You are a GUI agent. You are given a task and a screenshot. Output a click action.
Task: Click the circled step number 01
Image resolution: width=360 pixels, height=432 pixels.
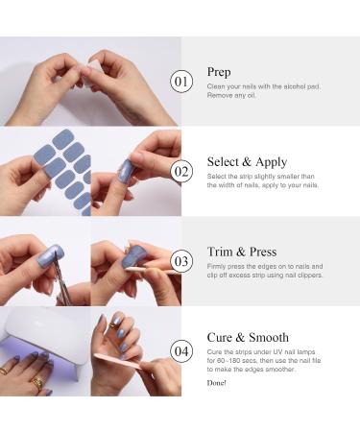click(x=181, y=81)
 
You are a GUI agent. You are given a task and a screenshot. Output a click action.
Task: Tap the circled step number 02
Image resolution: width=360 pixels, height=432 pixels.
click(x=181, y=172)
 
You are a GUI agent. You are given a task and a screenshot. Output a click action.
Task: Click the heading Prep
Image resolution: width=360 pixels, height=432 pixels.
click(x=218, y=72)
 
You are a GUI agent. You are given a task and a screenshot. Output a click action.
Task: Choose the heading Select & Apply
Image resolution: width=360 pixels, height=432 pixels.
click(x=246, y=162)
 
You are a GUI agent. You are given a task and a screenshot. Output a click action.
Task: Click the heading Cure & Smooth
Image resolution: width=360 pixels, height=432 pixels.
click(x=247, y=337)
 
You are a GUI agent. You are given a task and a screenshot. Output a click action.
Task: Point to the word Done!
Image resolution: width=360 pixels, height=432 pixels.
click(x=216, y=383)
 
